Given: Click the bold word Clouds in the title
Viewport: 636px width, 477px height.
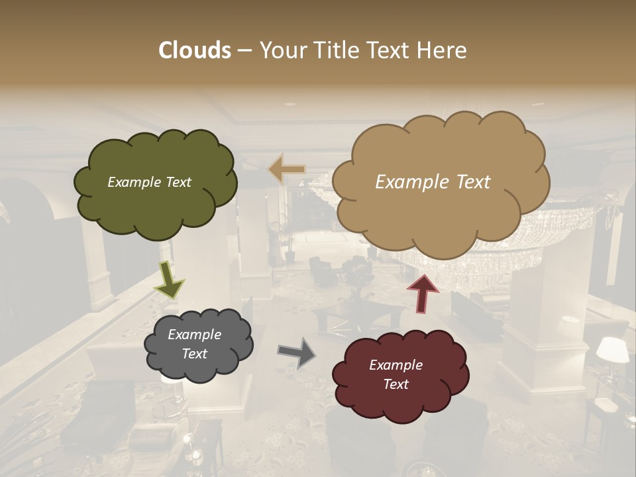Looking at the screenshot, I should [194, 50].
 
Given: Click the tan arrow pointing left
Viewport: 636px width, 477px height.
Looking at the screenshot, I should [286, 170].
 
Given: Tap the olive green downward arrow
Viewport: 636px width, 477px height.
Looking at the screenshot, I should [168, 279].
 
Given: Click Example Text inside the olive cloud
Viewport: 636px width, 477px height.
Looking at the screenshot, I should [149, 182].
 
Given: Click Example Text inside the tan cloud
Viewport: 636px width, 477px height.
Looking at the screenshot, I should [433, 182].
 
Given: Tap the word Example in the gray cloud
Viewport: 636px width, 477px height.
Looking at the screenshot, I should [194, 335].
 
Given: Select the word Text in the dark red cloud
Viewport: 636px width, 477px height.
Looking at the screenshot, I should [396, 384].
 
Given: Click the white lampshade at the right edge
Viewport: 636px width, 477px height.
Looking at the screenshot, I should [612, 349].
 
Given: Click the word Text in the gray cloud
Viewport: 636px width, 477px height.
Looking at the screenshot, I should [194, 354].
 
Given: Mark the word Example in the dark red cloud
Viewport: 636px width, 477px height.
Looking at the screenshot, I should [396, 365].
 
